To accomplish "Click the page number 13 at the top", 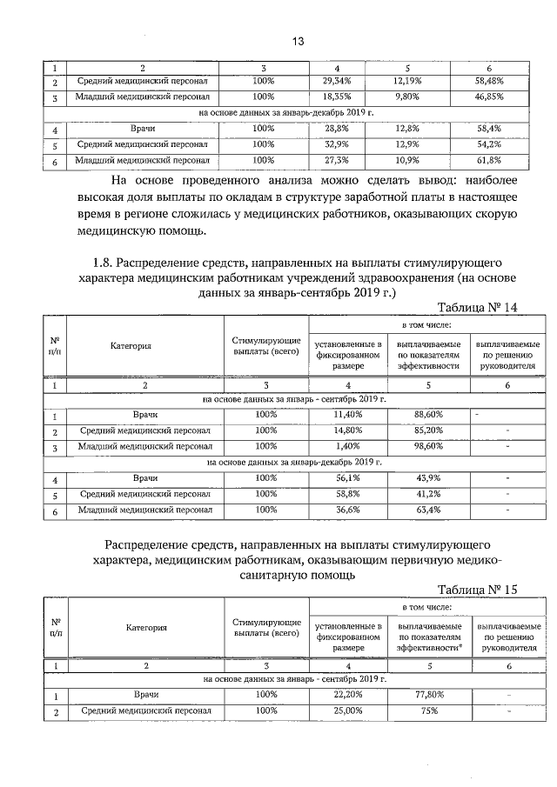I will coord(296,41).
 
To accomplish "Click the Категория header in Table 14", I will coord(131,346).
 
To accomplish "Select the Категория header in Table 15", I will coord(145,627).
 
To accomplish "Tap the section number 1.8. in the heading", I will coord(103,262).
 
